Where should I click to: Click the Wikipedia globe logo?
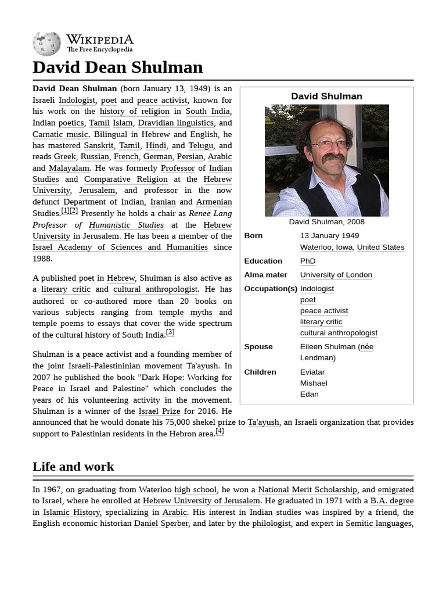pos(46,44)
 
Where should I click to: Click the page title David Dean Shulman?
pos(118,67)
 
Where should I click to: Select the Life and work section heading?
pos(73,467)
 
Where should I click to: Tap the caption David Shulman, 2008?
pos(326,221)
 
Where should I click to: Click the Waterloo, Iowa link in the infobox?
pos(326,247)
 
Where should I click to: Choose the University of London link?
pos(336,275)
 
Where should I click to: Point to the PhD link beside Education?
pos(307,261)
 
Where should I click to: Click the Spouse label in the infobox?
pos(258,346)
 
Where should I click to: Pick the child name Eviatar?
pos(312,372)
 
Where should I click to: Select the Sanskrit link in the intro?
pos(99,145)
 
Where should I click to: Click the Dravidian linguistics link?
pos(176,123)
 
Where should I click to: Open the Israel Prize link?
pos(157,411)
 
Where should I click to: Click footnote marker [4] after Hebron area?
pos(220,432)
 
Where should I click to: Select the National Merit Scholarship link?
pos(307,490)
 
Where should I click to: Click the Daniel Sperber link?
pos(161,524)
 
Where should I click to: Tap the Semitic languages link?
pos(379,524)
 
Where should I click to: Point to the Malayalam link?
pos(69,168)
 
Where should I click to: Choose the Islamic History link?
pos(72,512)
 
